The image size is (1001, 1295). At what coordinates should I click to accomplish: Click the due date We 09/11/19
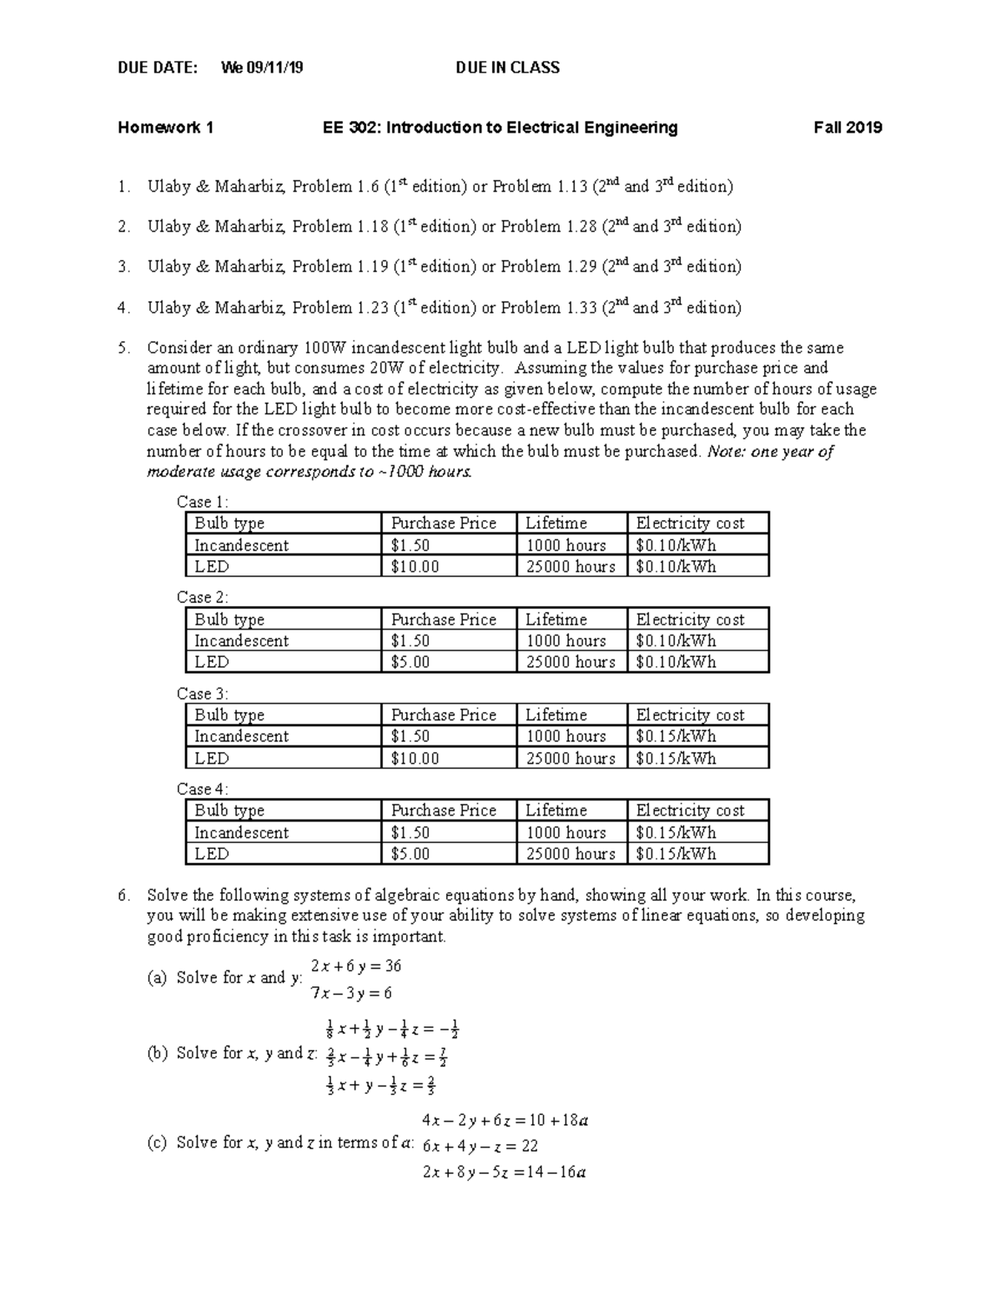click(x=262, y=68)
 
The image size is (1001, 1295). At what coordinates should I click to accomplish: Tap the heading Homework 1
click(x=165, y=128)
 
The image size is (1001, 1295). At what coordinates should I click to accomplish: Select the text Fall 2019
click(x=848, y=128)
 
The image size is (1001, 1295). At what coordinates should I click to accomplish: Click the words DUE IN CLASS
click(x=507, y=68)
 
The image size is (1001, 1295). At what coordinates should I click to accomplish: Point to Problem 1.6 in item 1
click(x=336, y=187)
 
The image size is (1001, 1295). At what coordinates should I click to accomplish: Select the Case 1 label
click(x=202, y=501)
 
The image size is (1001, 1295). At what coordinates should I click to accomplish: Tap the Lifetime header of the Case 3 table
click(x=556, y=715)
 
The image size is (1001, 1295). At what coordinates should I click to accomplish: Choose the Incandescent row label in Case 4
click(x=241, y=832)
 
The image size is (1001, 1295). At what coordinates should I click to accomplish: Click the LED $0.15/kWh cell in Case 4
click(x=676, y=854)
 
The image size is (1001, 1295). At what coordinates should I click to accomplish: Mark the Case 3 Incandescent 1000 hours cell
click(x=566, y=736)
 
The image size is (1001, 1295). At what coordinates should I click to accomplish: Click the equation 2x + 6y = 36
click(x=356, y=966)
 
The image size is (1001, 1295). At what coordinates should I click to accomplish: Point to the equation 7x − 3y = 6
click(x=351, y=993)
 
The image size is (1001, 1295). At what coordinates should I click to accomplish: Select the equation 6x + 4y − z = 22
click(x=480, y=1147)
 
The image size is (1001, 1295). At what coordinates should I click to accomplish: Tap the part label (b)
click(x=157, y=1053)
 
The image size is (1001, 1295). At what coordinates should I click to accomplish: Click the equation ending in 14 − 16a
click(x=504, y=1172)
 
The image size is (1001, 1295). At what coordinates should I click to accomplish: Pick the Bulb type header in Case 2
click(x=229, y=620)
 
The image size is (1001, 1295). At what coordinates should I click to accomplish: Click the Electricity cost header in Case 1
click(x=690, y=524)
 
